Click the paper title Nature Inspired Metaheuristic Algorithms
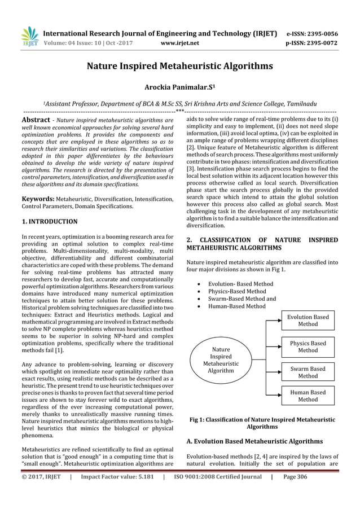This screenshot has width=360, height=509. click(179, 67)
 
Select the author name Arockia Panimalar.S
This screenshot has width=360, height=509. click(180, 87)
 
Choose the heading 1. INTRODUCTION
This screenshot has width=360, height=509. click(49, 222)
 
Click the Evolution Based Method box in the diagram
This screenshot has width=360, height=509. click(308, 321)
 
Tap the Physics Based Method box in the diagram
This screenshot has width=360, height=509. click(308, 346)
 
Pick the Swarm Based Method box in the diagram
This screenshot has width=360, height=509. click(308, 372)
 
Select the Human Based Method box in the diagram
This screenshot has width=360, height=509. click(308, 396)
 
